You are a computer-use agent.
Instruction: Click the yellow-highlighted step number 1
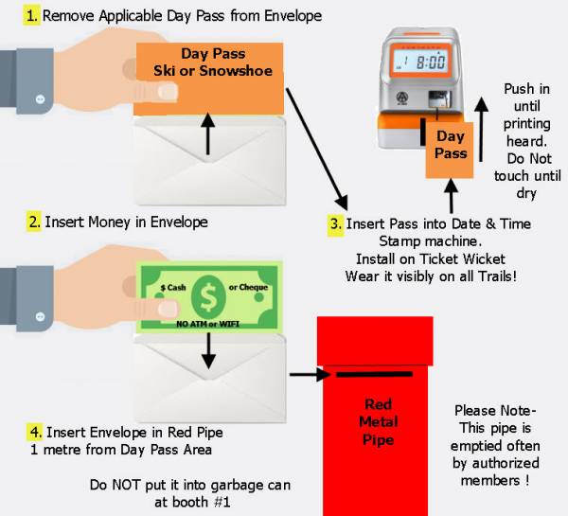coord(32,16)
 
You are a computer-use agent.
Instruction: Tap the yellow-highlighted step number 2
coord(34,222)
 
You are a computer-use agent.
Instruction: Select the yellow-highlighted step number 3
coord(336,224)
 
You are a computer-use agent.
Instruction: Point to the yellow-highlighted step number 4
coord(36,432)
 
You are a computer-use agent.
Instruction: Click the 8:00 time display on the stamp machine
coord(431,62)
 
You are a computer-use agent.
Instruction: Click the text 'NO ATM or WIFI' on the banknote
coord(207,324)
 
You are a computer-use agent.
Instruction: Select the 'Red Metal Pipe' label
coord(378,421)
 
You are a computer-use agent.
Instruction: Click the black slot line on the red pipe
coord(374,374)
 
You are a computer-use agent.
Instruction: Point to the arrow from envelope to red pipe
coord(311,374)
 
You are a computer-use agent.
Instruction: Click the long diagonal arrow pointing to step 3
coord(317,149)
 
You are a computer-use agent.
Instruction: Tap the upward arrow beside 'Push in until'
coord(481,129)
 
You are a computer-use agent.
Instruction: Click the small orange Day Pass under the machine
coord(450,150)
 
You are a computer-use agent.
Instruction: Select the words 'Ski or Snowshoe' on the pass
coord(213,71)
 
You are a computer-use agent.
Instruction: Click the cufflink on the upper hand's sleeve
coord(40,99)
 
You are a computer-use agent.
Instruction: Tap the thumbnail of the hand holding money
coord(169,309)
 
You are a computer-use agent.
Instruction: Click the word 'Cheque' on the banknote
coord(253,287)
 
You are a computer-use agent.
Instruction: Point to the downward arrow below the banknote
coord(208,350)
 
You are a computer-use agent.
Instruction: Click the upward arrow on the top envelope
coord(208,133)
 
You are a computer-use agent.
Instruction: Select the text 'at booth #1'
coord(192,502)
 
